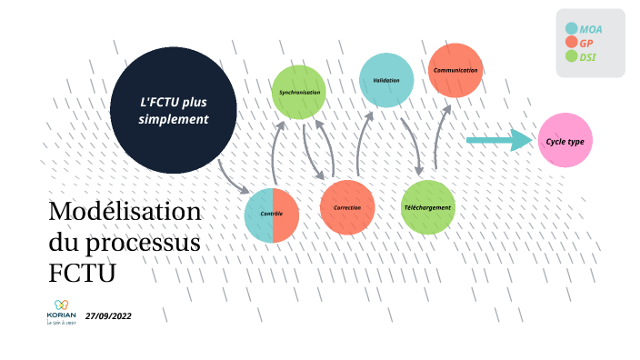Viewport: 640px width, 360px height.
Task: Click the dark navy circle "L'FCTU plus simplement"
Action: (174, 112)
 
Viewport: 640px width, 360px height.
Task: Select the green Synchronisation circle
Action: (299, 93)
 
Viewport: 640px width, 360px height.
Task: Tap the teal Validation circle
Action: (386, 80)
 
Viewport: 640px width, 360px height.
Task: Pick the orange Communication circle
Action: (455, 70)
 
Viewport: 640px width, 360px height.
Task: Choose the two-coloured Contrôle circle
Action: (272, 215)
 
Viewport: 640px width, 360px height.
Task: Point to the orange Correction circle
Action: (347, 207)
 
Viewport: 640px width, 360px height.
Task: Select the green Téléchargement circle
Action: (427, 207)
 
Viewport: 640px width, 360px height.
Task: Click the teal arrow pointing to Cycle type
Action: (499, 140)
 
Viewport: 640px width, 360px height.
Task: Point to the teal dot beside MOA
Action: (571, 28)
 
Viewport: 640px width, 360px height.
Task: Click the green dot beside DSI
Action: (571, 57)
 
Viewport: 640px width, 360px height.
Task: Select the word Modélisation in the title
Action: (125, 213)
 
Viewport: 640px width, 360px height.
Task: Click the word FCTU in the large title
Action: (83, 273)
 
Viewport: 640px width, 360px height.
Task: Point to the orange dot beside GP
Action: (571, 43)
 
